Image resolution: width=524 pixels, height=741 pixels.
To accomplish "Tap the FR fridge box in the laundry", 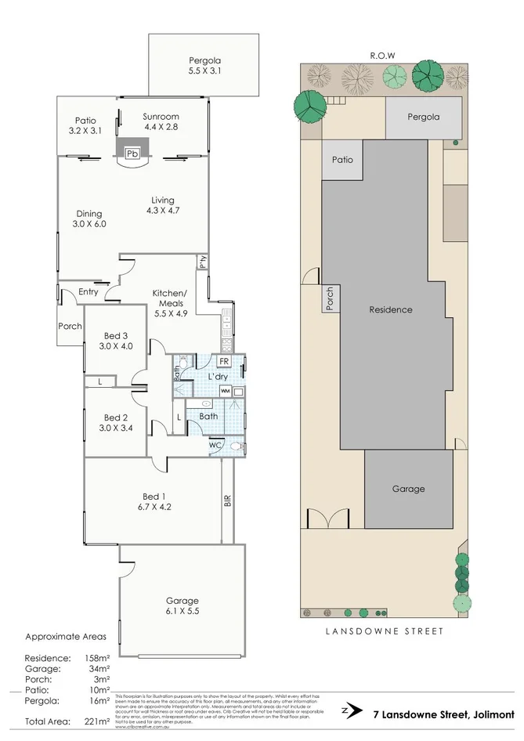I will [x=223, y=361].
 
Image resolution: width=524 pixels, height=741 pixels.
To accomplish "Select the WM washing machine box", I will [x=225, y=390].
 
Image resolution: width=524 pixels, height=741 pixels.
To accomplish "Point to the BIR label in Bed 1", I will [x=228, y=501].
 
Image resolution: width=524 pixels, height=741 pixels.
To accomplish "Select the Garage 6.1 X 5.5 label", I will [x=182, y=606].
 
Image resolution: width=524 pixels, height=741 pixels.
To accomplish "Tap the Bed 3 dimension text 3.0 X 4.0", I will [x=116, y=345].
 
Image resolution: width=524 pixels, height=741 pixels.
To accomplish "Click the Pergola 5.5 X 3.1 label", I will [x=206, y=65].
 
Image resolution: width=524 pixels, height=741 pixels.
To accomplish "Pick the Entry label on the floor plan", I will [x=89, y=292].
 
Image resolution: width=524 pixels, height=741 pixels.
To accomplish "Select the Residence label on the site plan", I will [x=391, y=309].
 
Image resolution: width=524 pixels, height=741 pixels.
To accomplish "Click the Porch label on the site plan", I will [x=330, y=298].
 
